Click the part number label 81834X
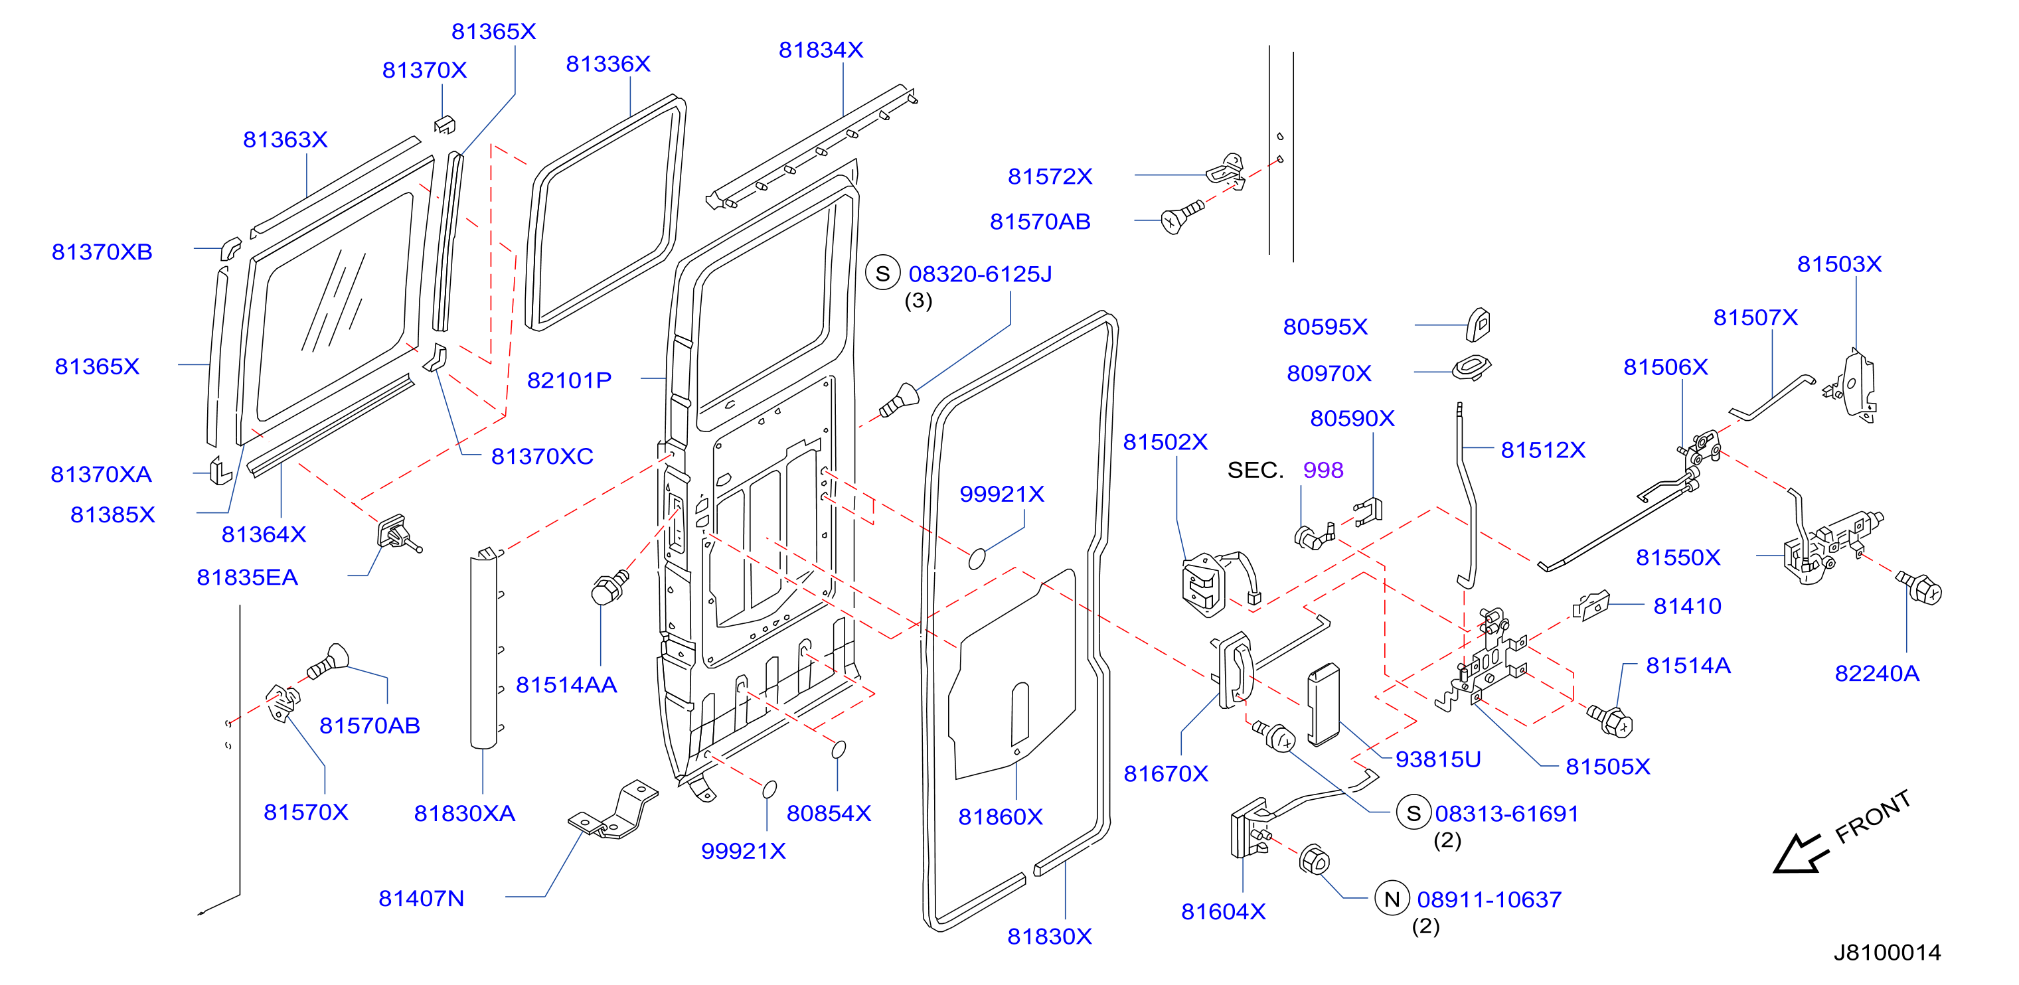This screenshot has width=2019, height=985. tap(821, 50)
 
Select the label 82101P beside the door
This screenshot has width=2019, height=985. tap(569, 381)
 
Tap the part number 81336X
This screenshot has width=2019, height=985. tap(608, 64)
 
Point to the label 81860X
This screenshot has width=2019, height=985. tap(1000, 817)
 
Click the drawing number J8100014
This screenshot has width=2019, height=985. tap(1886, 953)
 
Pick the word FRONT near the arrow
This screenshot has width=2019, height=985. tap(1872, 816)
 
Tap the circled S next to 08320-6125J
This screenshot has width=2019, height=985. tap(882, 274)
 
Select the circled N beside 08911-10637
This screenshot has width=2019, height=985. tap(1392, 899)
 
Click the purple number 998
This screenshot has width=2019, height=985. tap(1323, 470)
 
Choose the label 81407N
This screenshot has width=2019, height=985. tap(422, 899)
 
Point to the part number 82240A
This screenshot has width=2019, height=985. tap(1877, 674)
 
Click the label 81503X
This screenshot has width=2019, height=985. tap(1840, 265)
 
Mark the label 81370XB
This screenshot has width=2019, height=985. tap(102, 252)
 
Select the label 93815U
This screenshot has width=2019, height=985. tap(1438, 760)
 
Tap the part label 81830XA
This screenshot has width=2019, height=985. tap(465, 814)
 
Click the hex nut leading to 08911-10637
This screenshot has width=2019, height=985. tap(1314, 861)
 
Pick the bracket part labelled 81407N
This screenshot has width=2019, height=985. tap(613, 811)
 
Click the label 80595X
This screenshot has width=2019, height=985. tap(1325, 327)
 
